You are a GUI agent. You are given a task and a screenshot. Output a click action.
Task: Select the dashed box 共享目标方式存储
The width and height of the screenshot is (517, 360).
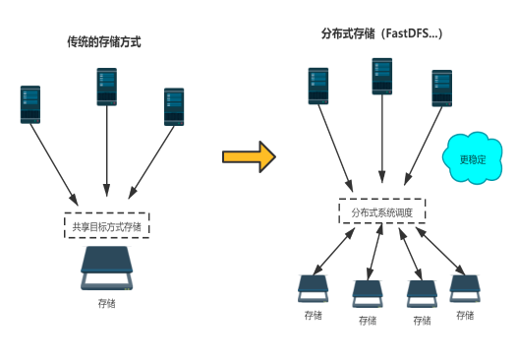pos(106,227)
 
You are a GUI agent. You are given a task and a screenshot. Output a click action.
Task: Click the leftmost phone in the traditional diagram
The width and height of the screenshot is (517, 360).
pos(32,104)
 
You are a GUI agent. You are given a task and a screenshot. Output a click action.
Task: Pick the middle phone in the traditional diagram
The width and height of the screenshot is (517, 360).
pos(107,86)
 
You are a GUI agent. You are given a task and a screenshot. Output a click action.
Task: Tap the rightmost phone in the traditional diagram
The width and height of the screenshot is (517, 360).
pos(175,106)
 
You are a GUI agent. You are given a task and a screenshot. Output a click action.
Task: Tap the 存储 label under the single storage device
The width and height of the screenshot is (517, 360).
pos(106,303)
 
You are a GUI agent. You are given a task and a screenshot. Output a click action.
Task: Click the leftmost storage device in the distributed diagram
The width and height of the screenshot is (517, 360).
pos(315,288)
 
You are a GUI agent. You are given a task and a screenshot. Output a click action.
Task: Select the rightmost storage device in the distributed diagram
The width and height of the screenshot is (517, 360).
pos(464,287)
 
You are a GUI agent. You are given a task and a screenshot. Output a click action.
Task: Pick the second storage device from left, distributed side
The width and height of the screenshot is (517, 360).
pos(368,291)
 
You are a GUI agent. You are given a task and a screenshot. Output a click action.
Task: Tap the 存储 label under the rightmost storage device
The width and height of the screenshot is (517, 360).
pos(464,315)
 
